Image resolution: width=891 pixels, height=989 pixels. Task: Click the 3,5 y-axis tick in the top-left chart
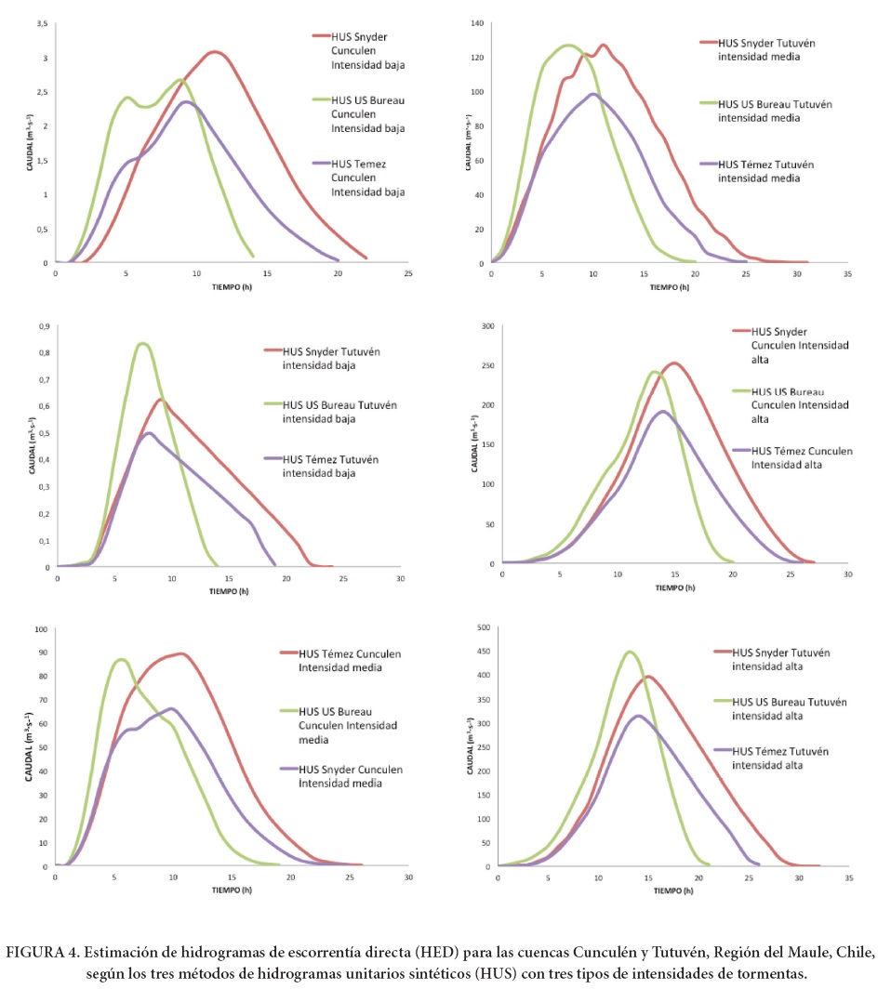pos(42,23)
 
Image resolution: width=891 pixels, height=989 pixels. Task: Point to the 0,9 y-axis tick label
pos(42,326)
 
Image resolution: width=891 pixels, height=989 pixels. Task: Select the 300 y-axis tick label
pos(485,326)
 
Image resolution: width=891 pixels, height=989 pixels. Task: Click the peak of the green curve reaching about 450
pos(630,652)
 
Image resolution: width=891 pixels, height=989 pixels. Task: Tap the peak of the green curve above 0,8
pos(141,344)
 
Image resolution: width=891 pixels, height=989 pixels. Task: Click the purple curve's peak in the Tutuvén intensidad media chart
pos(592,94)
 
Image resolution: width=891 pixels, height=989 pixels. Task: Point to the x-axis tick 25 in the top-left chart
pos(408,274)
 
